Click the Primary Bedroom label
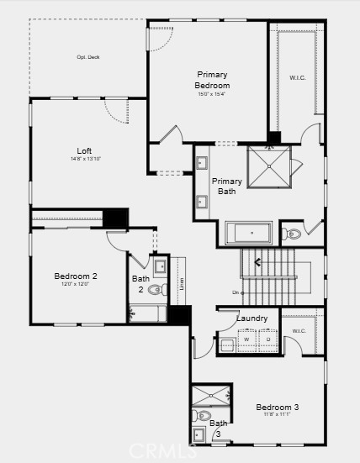pos(212,80)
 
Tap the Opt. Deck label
pos(88,57)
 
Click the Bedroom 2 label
pos(76,276)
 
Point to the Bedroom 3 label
pos(278,407)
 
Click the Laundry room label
pos(251,318)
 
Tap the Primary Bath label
pos(227,186)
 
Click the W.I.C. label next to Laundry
pos(299,330)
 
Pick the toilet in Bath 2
pos(156,290)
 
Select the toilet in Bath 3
pos(202,415)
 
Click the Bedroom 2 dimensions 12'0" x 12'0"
pos(76,286)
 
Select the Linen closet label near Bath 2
pos(182,284)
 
